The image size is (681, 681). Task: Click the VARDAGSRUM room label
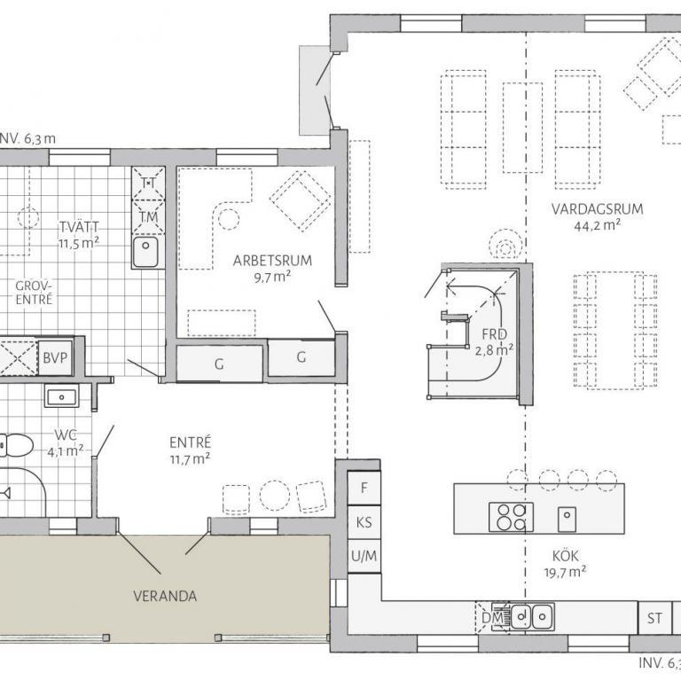tap(597, 209)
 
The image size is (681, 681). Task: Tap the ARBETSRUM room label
tap(272, 261)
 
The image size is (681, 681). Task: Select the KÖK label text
tap(566, 555)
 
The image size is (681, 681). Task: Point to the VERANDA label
tap(165, 596)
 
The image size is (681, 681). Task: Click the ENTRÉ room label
tap(191, 442)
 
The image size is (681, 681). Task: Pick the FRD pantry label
tap(494, 334)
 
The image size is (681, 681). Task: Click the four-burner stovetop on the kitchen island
tap(511, 517)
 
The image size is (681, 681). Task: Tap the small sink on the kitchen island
tap(567, 519)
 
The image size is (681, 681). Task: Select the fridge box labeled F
tap(364, 488)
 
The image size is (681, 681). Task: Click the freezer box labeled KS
tap(364, 522)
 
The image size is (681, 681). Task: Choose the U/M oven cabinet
tap(364, 556)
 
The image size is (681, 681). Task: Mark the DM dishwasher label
tap(492, 617)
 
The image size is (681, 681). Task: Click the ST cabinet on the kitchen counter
tap(654, 617)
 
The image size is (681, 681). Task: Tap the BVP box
tap(55, 358)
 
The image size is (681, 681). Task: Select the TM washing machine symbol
tap(149, 216)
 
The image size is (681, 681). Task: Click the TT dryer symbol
tap(149, 184)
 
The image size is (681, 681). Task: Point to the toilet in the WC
tap(16, 445)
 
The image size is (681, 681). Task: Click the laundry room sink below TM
tap(145, 252)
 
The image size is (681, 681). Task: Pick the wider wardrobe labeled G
tap(219, 364)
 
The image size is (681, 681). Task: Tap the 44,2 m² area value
tap(597, 225)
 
